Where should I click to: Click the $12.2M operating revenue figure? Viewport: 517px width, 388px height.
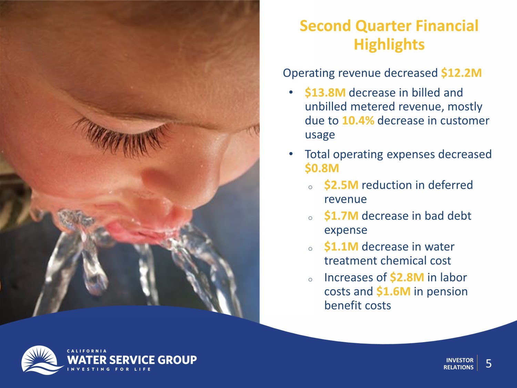(x=461, y=73)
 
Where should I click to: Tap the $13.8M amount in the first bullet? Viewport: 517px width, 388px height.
(x=325, y=92)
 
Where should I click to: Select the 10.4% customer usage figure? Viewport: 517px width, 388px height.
(x=358, y=121)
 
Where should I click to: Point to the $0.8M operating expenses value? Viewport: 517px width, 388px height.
(x=322, y=168)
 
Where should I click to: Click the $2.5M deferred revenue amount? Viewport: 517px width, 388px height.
(x=341, y=185)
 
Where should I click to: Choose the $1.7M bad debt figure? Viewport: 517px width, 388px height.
(x=341, y=216)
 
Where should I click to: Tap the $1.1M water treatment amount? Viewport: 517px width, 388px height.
(x=341, y=247)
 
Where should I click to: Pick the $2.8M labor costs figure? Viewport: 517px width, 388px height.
(x=407, y=277)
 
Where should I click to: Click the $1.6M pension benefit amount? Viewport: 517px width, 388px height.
(x=393, y=291)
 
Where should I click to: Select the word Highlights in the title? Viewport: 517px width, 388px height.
(x=389, y=44)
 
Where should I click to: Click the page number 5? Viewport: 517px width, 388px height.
(x=489, y=364)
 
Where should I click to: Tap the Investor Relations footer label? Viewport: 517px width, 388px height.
(x=458, y=364)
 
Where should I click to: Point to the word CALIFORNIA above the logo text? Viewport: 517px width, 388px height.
(x=87, y=351)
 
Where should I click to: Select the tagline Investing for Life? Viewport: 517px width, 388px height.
(x=109, y=369)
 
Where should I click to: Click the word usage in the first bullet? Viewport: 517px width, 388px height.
(x=320, y=135)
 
